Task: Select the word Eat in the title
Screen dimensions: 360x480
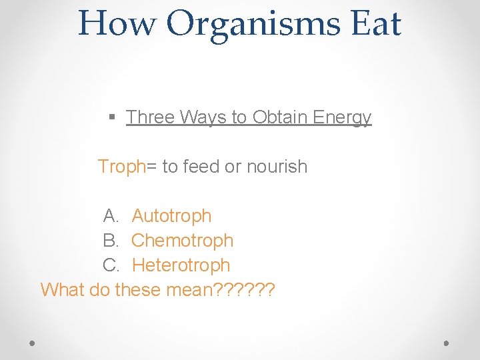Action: (375, 23)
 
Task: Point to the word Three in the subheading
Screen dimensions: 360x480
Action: (150, 117)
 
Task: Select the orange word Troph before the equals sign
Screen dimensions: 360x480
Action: (121, 167)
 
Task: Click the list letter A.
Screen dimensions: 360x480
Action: (110, 216)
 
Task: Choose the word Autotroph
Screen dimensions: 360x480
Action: (171, 216)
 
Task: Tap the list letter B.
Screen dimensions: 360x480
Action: (110, 241)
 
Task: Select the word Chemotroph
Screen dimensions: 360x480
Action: (182, 241)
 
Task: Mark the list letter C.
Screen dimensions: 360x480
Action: (111, 265)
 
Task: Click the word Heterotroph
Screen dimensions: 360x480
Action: (181, 265)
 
